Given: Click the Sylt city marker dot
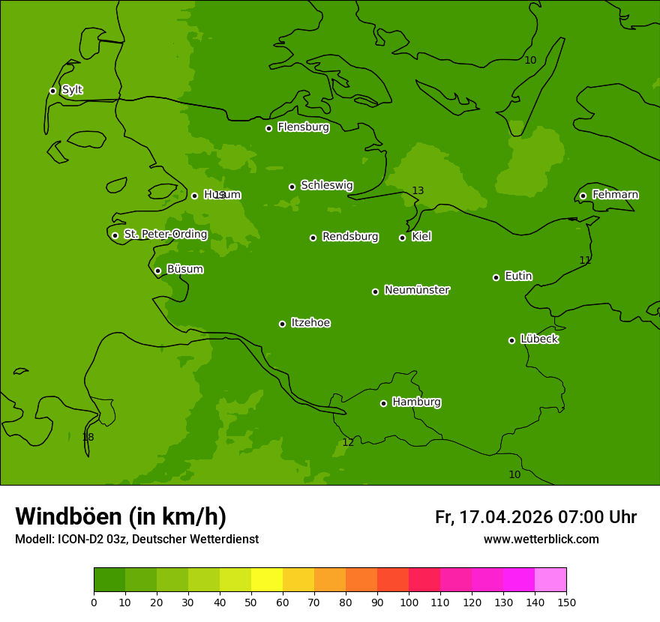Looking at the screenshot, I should pyautogui.click(x=52, y=91).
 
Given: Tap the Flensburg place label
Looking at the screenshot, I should pyautogui.click(x=303, y=127).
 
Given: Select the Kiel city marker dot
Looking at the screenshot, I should pyautogui.click(x=402, y=238).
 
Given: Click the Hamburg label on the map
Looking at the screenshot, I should pyautogui.click(x=416, y=402).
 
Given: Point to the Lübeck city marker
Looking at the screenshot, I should pyautogui.click(x=511, y=340).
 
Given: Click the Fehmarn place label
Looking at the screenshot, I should pyautogui.click(x=615, y=195).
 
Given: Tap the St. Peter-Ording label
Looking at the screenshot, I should pyautogui.click(x=165, y=235).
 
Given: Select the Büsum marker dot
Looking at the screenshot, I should pyautogui.click(x=157, y=271).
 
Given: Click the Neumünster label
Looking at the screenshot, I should pyautogui.click(x=416, y=290).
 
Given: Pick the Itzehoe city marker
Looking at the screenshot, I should pyautogui.click(x=282, y=324).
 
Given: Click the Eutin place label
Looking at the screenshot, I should pyautogui.click(x=518, y=277).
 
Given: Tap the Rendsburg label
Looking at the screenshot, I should pyautogui.click(x=349, y=237).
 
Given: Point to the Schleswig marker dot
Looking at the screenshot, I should pyautogui.click(x=292, y=187).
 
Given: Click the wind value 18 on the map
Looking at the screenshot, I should pyautogui.click(x=88, y=437).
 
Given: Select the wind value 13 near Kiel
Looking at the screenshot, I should pyautogui.click(x=418, y=191).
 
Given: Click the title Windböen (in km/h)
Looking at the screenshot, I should pyautogui.click(x=121, y=516).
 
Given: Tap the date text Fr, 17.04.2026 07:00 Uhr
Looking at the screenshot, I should pyautogui.click(x=535, y=517).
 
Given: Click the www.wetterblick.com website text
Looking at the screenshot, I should pyautogui.click(x=541, y=539).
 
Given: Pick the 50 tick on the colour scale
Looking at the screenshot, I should pyautogui.click(x=251, y=602).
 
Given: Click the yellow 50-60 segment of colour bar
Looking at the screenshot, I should pyautogui.click(x=267, y=580).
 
